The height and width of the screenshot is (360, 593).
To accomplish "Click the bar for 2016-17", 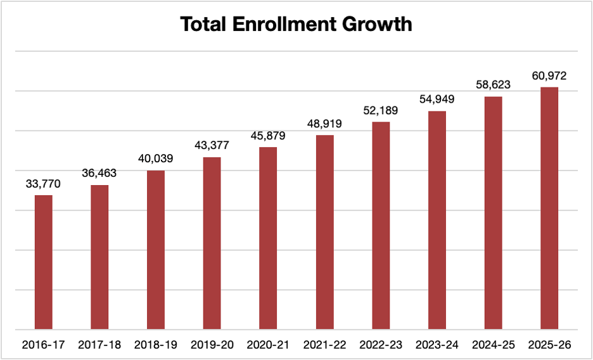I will (x=43, y=262).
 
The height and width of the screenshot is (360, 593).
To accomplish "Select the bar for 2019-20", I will (x=212, y=243).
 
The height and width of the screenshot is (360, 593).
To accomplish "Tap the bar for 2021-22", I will (x=324, y=233).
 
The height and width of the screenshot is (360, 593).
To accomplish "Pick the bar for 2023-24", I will (x=437, y=221).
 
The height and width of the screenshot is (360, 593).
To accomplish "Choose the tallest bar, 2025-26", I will (x=549, y=209).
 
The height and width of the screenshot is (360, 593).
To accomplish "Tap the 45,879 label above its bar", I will (x=268, y=136).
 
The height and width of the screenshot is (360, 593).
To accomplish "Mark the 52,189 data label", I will (x=381, y=111).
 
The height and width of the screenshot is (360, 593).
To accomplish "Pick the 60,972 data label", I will (x=549, y=76).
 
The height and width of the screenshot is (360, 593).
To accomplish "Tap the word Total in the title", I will (x=202, y=25).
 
